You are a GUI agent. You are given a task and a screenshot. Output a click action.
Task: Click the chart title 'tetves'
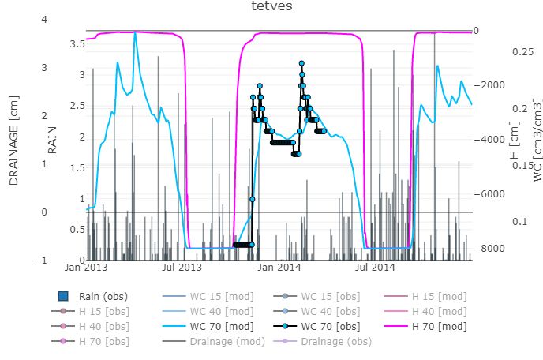click(x=271, y=7)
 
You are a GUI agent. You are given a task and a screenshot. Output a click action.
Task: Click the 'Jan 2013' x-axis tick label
click(x=84, y=268)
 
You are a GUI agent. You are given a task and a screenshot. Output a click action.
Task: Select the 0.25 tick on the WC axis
click(x=523, y=51)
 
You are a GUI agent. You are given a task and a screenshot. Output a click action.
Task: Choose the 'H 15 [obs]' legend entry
click(x=103, y=311)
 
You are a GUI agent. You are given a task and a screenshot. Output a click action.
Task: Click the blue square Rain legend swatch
click(x=65, y=297)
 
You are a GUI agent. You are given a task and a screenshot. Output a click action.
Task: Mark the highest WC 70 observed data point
click(x=301, y=62)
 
